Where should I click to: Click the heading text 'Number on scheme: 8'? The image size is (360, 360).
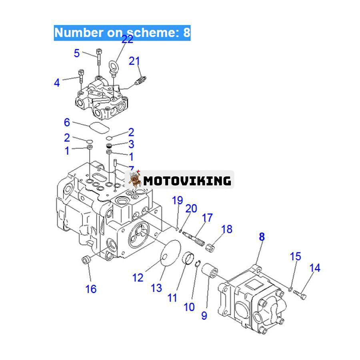(122, 32)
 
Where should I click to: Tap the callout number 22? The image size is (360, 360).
(127, 40)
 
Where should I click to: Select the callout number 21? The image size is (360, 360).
(134, 61)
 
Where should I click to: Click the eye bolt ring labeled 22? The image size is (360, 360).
(114, 65)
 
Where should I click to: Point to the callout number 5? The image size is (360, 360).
(77, 53)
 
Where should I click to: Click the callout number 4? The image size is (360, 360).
(57, 83)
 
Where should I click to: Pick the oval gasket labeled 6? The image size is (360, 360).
(99, 128)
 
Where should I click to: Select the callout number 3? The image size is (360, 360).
(131, 144)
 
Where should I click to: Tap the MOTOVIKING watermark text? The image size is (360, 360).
(187, 181)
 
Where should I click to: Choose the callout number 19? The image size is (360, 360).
(178, 200)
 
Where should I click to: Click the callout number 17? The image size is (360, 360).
(207, 218)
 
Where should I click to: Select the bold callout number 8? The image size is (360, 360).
(262, 237)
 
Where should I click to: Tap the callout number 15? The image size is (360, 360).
(295, 256)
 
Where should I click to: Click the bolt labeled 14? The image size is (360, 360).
(301, 295)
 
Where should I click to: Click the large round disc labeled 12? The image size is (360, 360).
(170, 256)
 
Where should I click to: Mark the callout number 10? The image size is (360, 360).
(189, 307)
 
